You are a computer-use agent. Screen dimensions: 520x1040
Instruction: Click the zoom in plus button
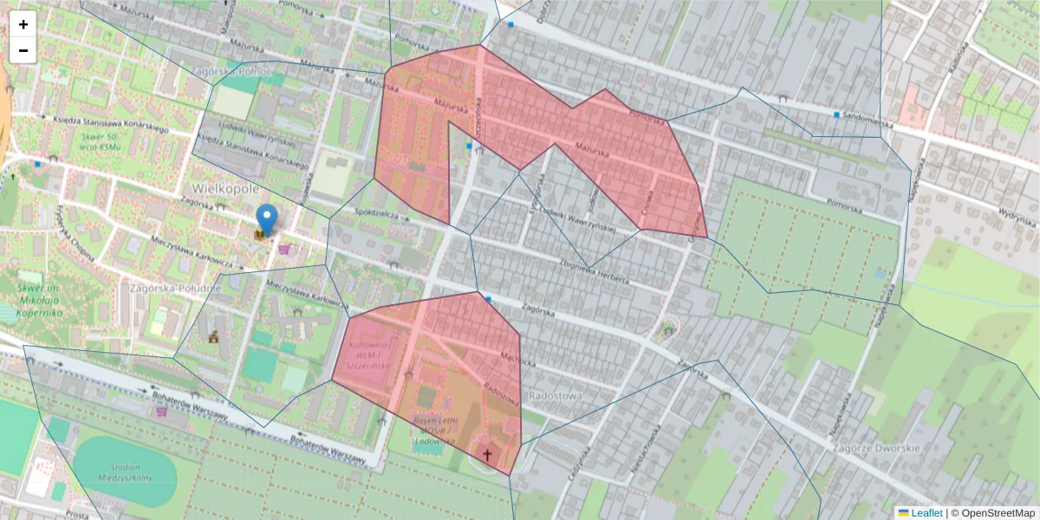click(x=23, y=24)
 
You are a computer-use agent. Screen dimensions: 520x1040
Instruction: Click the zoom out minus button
click(x=23, y=50)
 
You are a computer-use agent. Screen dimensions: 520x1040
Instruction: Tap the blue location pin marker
click(x=268, y=218)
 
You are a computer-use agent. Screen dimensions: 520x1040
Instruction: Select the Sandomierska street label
click(x=868, y=124)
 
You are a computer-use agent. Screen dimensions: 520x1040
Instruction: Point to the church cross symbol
click(x=487, y=454)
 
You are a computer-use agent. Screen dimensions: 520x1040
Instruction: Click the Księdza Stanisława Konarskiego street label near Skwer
click(x=109, y=124)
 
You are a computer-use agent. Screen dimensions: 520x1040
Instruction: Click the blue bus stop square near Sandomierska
click(x=837, y=114)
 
